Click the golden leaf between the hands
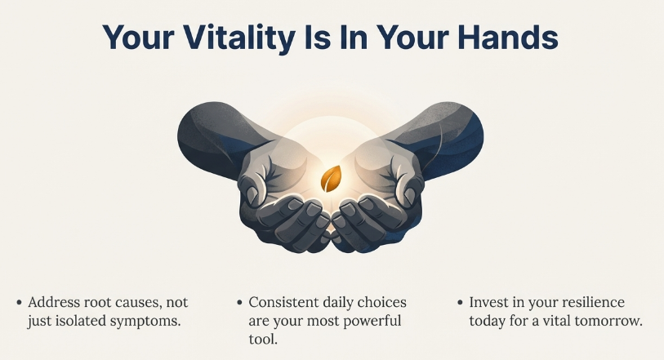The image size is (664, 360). pyautogui.click(x=332, y=177)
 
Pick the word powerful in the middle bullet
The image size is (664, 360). pyautogui.click(x=383, y=321)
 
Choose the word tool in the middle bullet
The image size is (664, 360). pyautogui.click(x=263, y=339)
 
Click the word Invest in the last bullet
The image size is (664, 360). pyautogui.click(x=488, y=302)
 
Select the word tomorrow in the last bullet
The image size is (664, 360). pyautogui.click(x=608, y=321)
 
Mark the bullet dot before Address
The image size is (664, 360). pyautogui.click(x=20, y=303)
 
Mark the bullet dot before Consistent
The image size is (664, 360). pyautogui.click(x=238, y=303)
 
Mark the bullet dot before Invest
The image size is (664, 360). pyautogui.click(x=459, y=303)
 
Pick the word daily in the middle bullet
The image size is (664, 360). pyautogui.click(x=342, y=302)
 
